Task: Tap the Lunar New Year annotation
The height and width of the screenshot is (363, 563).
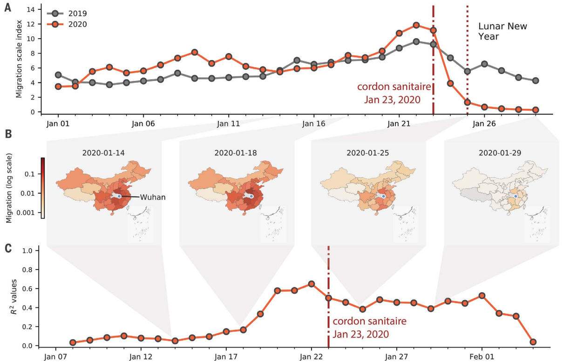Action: [502, 31]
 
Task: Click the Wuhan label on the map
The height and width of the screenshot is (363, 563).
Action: [153, 197]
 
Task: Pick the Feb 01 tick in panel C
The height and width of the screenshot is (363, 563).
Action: [482, 357]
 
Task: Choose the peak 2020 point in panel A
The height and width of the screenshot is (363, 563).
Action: [416, 25]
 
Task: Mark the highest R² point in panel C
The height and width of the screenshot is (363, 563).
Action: [312, 284]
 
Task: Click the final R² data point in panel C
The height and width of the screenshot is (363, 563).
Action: [533, 342]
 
